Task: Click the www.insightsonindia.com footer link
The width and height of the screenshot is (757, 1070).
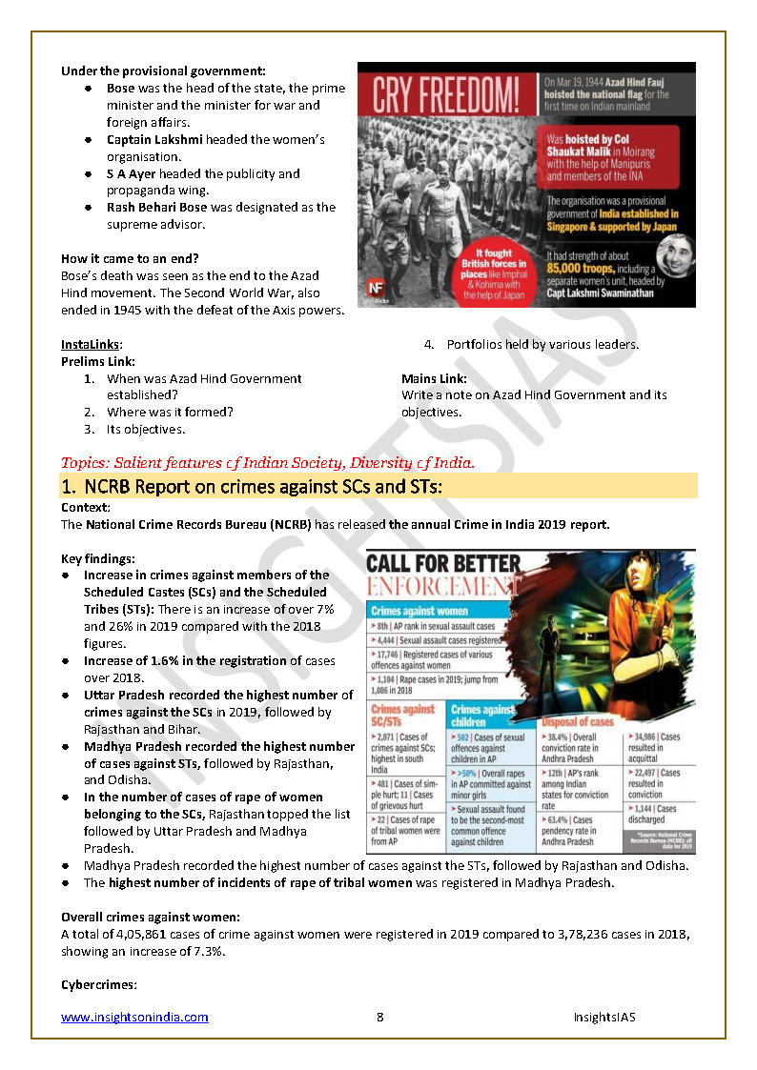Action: pyautogui.click(x=134, y=1018)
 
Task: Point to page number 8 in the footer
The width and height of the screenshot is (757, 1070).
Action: pyautogui.click(x=379, y=1018)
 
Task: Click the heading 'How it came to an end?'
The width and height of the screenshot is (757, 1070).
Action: pyautogui.click(x=130, y=258)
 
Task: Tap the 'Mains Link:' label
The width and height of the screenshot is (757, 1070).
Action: pyautogui.click(x=434, y=378)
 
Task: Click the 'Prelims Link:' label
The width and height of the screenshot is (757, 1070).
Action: pyautogui.click(x=98, y=361)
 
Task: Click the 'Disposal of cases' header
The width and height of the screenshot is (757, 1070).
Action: pyautogui.click(x=578, y=721)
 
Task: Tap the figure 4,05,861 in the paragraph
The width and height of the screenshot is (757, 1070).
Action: pyautogui.click(x=139, y=934)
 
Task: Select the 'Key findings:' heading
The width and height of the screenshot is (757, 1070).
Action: pyautogui.click(x=98, y=558)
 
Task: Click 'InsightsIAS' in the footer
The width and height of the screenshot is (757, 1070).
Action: pyautogui.click(x=604, y=1018)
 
